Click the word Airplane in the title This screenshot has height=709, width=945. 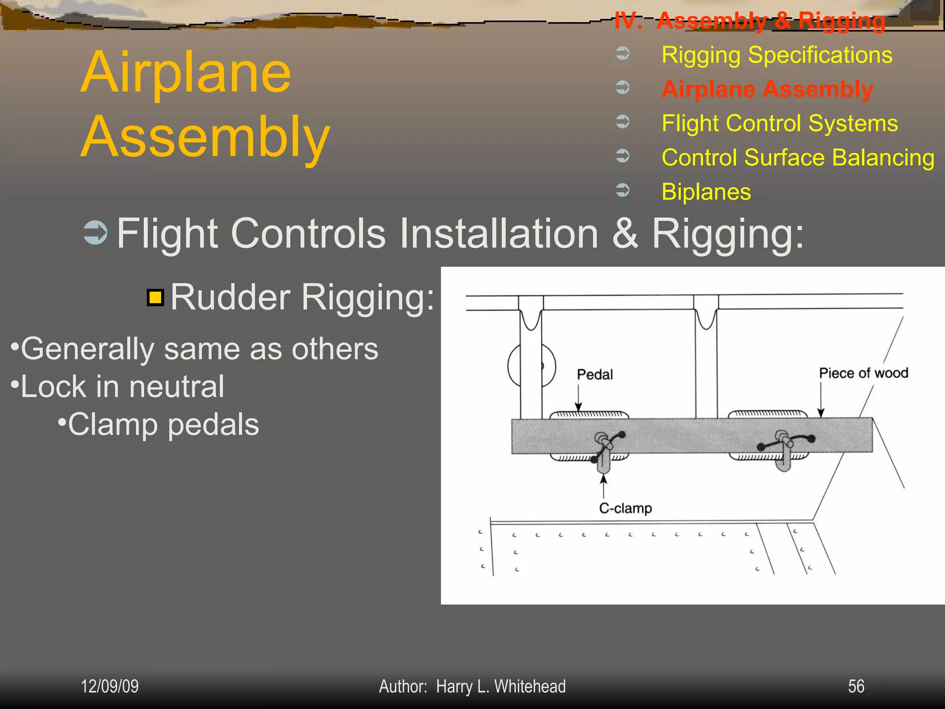(186, 73)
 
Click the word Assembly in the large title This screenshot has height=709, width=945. (205, 137)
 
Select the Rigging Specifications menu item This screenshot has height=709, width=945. (777, 55)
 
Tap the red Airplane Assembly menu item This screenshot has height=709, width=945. (767, 89)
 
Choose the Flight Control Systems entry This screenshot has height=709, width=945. (779, 123)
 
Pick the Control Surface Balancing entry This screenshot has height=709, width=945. (798, 157)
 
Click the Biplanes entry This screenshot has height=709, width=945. (706, 192)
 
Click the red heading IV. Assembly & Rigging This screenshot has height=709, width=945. (750, 21)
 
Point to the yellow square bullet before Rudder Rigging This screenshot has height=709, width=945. (156, 298)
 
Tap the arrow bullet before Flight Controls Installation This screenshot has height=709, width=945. (96, 233)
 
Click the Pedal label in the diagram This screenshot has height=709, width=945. (595, 374)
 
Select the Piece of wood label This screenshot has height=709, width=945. (863, 373)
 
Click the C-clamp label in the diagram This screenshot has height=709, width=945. (625, 508)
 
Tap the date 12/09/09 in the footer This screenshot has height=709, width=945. (109, 686)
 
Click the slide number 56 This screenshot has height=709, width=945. (856, 686)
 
